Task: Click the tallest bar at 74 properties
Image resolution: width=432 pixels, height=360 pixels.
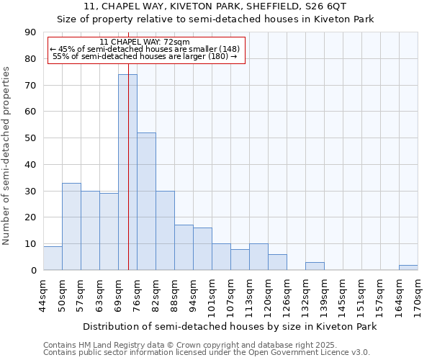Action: click(x=127, y=173)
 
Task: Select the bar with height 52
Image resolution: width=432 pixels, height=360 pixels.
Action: click(x=146, y=202)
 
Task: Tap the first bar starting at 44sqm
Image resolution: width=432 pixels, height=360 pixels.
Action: click(x=53, y=258)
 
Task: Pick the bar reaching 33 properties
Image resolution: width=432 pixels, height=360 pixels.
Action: click(x=71, y=227)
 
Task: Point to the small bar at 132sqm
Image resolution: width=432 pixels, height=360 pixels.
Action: click(x=315, y=266)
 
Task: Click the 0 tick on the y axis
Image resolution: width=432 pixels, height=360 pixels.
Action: click(x=33, y=271)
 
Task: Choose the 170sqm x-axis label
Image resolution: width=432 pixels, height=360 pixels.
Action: click(x=418, y=294)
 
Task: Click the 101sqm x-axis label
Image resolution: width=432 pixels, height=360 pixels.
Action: click(x=212, y=294)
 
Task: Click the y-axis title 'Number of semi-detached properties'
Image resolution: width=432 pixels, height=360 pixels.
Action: click(x=6, y=155)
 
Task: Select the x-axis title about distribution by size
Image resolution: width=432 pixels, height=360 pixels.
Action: click(x=230, y=326)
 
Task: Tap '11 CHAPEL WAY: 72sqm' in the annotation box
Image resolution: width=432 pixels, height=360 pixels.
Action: click(x=145, y=42)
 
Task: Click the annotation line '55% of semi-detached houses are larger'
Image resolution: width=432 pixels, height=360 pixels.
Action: click(x=145, y=56)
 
